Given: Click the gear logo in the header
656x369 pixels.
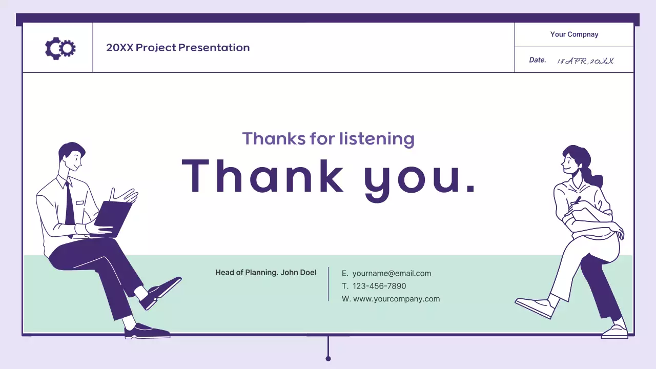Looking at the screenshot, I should coord(60,48).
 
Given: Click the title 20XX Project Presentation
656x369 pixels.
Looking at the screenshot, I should coord(178,48).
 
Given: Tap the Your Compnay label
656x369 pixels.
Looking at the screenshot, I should coord(574,34).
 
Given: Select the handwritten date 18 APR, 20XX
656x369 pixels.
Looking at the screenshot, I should coord(585,60).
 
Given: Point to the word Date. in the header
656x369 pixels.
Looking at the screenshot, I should coord(538,60).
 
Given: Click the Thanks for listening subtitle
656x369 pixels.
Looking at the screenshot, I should coord(328,138).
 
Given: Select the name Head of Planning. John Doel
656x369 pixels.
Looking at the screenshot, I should coord(265,273).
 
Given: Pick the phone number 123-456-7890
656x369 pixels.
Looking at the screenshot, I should coord(379,286).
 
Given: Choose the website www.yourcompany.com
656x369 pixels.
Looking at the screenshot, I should coord(396,299).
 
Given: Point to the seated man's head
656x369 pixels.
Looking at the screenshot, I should coord(71,157).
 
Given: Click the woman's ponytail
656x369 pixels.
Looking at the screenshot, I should coord(594,177).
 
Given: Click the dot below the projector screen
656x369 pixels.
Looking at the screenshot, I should coord(329,358).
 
